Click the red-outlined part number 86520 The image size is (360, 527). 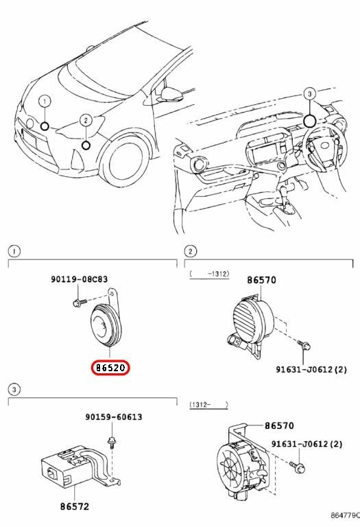[x=110, y=367]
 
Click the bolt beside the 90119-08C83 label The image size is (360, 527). [x=81, y=301]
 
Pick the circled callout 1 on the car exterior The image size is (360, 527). [x=44, y=102]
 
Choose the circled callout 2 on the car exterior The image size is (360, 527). [x=85, y=120]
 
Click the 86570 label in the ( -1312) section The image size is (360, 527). [x=261, y=281]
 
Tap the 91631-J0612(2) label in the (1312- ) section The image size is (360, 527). [x=306, y=445]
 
